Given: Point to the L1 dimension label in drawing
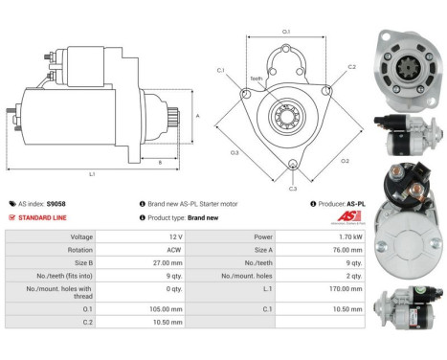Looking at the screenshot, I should [92, 173].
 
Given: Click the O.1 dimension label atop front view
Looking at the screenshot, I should [285, 32].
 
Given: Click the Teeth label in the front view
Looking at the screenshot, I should [256, 79].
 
